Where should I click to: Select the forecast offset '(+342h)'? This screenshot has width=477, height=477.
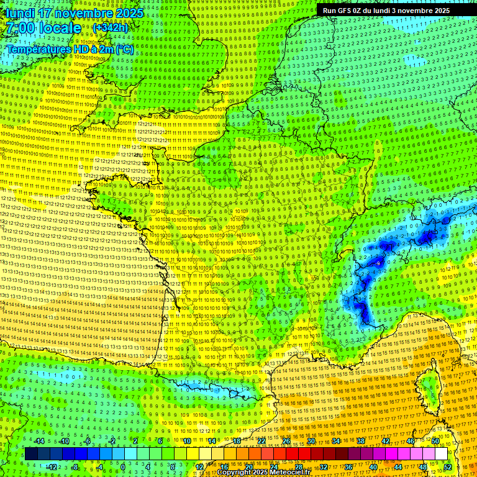[110, 28]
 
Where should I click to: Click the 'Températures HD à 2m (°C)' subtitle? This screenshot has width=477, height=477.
[70, 49]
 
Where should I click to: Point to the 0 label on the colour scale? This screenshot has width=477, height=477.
[123, 466]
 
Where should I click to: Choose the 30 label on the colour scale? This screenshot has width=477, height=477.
[311, 441]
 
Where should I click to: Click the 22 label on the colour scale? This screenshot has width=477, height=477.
[261, 441]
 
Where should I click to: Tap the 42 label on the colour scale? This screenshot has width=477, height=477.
[386, 441]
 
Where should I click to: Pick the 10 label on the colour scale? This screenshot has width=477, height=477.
[186, 441]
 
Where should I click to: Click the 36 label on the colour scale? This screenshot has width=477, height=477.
[348, 466]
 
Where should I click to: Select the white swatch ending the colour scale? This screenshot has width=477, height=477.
[441, 454]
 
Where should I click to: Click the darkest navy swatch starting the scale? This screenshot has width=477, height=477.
[32, 454]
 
